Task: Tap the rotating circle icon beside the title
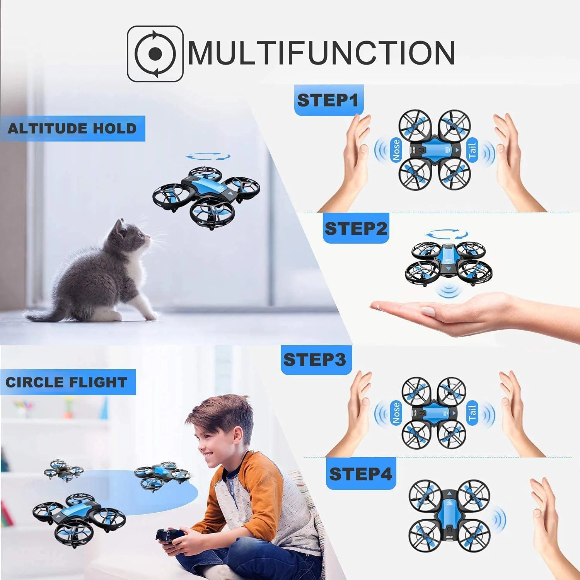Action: click(155, 54)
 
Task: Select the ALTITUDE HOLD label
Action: click(72, 128)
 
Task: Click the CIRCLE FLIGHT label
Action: click(67, 382)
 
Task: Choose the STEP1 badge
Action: click(328, 100)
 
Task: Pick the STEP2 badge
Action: click(356, 228)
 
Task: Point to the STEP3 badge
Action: click(315, 360)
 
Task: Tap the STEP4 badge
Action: click(360, 474)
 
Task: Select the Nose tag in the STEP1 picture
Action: click(396, 150)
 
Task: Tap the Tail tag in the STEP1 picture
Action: click(472, 150)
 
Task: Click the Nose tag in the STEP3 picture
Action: click(396, 413)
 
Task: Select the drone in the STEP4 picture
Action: click(449, 516)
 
